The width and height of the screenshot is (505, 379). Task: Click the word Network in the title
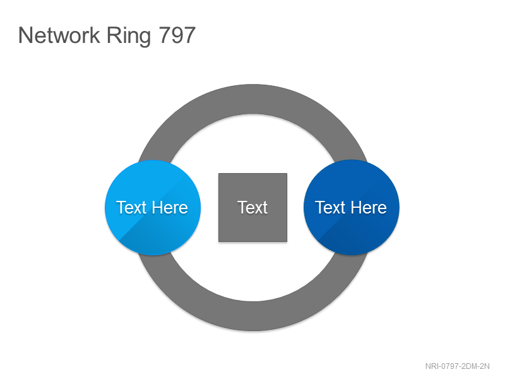pos(59,35)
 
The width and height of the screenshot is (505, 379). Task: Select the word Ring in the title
pos(129,37)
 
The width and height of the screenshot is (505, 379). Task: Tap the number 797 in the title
pos(177,35)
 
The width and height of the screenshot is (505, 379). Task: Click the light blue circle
pos(153,208)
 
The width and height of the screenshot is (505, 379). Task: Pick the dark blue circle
pos(352,208)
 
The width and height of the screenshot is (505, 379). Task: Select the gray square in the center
pos(253,208)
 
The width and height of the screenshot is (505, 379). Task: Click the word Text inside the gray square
pos(252,208)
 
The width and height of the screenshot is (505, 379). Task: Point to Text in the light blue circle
pos(131,208)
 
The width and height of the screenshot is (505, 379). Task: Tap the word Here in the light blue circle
pos(170,208)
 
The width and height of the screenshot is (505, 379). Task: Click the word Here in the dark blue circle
pos(369,208)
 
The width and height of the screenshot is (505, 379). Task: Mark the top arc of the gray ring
pos(253,99)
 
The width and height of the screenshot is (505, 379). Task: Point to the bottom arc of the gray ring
pos(253,316)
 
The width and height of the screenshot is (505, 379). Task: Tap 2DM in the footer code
pos(468,366)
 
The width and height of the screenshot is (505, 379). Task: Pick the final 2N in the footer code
pos(484,366)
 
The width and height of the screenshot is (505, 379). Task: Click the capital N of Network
pos(25,35)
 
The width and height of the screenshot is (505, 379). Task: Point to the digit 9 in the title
pos(177,35)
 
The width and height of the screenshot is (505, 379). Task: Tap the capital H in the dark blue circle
pos(355,208)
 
